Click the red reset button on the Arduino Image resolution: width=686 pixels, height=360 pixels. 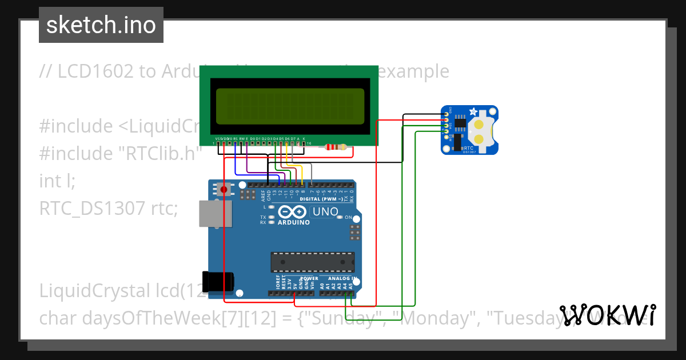224,189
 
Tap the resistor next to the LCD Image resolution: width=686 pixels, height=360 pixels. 336,147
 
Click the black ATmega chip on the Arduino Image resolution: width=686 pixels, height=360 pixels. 312,262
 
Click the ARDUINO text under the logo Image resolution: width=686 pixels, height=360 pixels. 293,222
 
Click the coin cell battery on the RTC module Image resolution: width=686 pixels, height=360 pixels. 481,131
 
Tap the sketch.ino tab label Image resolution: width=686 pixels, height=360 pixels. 101,25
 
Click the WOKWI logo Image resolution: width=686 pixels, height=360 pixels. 608,315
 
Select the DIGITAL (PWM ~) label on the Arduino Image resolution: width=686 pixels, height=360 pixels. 321,198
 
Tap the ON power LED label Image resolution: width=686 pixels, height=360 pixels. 348,217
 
